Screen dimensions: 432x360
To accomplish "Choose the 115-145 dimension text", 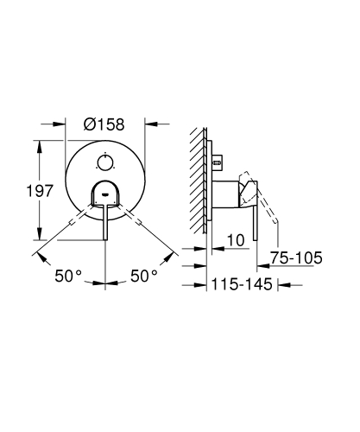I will tap(243, 283).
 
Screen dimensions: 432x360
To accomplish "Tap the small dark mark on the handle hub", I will tap(105, 195).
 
